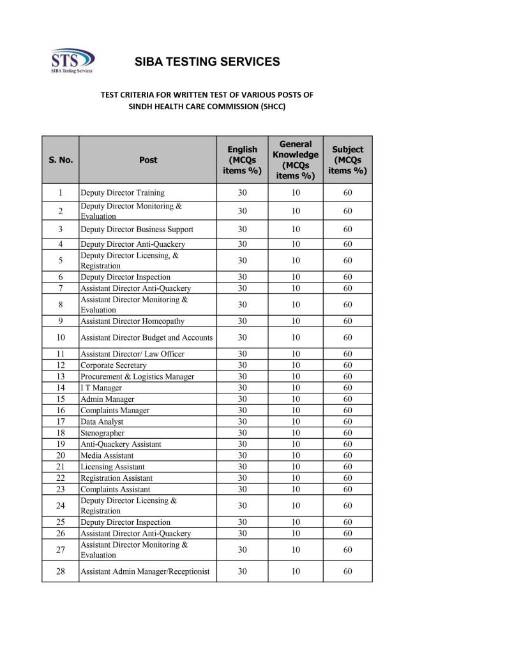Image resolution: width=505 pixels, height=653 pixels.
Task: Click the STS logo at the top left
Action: [x=72, y=62]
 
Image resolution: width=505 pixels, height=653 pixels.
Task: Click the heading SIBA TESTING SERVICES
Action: [x=207, y=62]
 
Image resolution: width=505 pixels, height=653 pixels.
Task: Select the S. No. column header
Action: [x=61, y=160]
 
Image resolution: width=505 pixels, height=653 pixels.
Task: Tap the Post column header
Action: [x=147, y=160]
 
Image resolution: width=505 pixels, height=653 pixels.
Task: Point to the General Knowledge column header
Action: [x=296, y=160]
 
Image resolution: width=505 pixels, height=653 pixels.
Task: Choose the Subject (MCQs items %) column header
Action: [x=347, y=160]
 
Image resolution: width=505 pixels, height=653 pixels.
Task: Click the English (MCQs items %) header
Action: [x=242, y=160]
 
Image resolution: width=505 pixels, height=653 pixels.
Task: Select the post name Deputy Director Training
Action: [x=122, y=193]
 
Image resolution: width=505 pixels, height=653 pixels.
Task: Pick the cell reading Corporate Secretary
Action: [x=113, y=365]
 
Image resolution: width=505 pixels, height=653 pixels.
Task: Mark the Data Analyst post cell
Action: [x=102, y=422]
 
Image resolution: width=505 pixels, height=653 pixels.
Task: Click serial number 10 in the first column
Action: [x=61, y=337]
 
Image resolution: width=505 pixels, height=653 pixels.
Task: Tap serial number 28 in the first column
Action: [x=61, y=571]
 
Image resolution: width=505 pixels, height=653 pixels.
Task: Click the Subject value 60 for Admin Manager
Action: [x=347, y=399]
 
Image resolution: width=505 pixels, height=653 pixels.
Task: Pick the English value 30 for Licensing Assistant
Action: [x=242, y=467]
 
